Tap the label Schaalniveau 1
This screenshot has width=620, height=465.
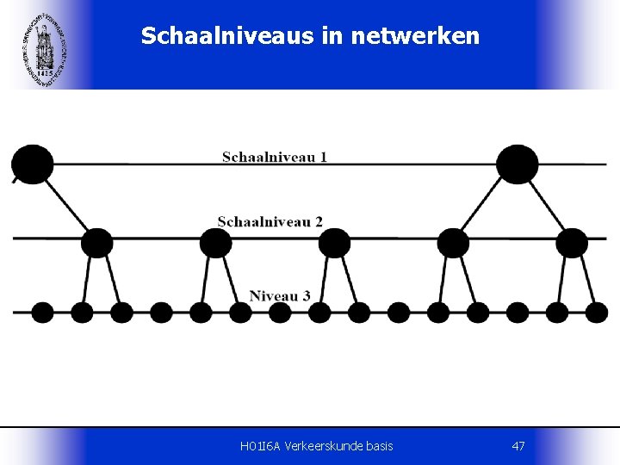point(275,157)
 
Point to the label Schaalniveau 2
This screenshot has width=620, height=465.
point(270,221)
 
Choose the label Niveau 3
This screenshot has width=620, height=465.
point(280,295)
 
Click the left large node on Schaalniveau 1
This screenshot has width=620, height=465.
point(31,164)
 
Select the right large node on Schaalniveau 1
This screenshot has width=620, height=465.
point(518,164)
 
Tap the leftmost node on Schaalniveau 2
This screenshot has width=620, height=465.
point(96,243)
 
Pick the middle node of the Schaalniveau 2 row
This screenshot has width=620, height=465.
point(334,243)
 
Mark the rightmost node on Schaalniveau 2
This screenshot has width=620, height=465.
point(571,243)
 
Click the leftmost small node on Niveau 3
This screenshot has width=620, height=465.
point(42,312)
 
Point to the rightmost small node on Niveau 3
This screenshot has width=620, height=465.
point(596,312)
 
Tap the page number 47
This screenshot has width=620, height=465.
point(518,446)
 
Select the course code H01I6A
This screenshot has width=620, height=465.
point(258,446)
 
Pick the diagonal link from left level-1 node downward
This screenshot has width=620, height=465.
point(67,207)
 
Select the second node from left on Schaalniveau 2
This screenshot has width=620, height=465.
point(216,243)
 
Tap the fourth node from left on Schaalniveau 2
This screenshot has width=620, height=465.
point(453,243)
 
